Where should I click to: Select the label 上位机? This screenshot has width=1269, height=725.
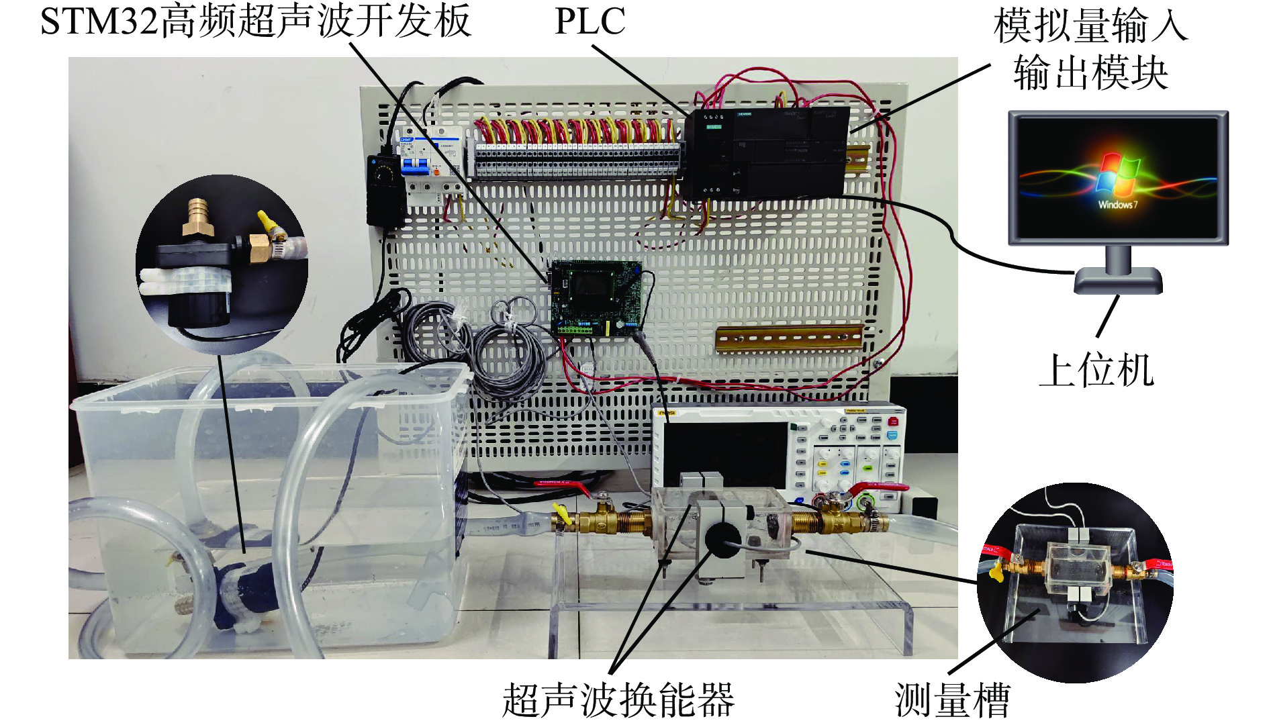[x=1096, y=370]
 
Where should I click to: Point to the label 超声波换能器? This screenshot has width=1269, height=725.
[x=618, y=699]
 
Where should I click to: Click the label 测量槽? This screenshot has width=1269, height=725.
[x=952, y=699]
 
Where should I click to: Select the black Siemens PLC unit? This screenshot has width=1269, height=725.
[x=765, y=152]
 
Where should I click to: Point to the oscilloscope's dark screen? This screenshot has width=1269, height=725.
[x=725, y=453]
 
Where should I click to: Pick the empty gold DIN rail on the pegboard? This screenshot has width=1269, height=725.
[x=790, y=338]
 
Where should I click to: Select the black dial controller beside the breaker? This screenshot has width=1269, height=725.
[x=385, y=190]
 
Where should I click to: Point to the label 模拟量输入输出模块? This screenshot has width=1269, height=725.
[x=1091, y=48]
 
